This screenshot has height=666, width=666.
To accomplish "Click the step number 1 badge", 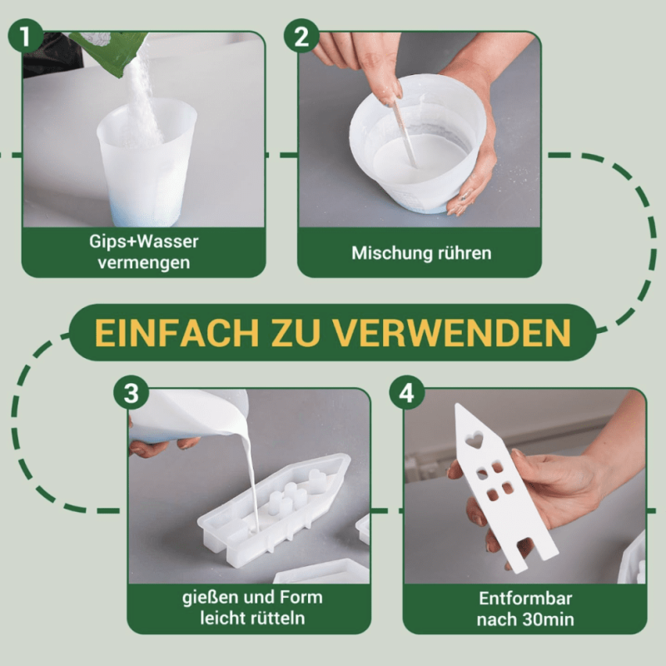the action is (26, 36).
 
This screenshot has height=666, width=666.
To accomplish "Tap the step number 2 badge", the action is (301, 36).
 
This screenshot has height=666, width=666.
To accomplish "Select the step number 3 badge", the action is (132, 392).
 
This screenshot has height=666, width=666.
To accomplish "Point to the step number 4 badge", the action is (407, 392).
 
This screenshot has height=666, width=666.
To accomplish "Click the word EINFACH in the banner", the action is (176, 332).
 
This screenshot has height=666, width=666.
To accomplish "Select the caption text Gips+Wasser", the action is (143, 241).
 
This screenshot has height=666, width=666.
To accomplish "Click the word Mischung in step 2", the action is (385, 253).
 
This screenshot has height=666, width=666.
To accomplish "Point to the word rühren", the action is (457, 253).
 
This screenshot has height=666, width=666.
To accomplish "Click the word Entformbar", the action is (525, 599).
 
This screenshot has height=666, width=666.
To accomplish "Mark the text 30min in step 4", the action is (549, 619).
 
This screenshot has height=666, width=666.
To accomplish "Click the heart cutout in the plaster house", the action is (474, 440).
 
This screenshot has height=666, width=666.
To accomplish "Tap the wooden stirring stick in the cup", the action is (404, 132).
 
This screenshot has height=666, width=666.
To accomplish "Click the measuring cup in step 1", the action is (147, 162).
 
